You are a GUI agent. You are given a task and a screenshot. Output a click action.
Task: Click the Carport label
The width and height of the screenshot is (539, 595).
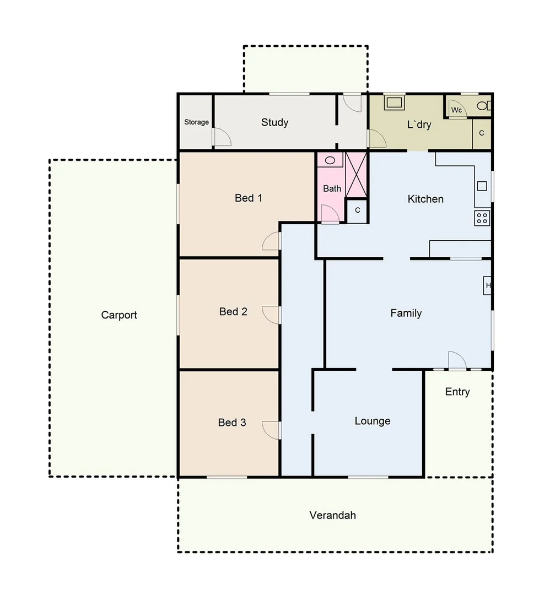(119, 315)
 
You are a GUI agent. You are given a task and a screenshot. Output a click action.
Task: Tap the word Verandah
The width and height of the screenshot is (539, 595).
(332, 516)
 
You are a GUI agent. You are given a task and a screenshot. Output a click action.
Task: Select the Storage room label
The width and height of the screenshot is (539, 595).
(196, 122)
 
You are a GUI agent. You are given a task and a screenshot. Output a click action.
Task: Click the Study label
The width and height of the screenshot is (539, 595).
(274, 122)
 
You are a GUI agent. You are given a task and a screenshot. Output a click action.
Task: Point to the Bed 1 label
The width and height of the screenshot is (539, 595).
(249, 198)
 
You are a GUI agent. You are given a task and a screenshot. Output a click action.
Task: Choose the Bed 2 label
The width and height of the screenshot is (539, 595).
(233, 312)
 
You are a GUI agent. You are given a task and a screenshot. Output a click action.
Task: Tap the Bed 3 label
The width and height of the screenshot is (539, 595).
(232, 423)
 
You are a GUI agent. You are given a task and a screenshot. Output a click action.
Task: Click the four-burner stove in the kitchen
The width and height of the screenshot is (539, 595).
(482, 218)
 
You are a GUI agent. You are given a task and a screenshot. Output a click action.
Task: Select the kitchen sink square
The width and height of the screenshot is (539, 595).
(482, 186)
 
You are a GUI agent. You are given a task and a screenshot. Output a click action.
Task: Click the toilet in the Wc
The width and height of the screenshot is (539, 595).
(483, 105)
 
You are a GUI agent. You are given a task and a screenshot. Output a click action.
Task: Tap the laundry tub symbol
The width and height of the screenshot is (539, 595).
(395, 102)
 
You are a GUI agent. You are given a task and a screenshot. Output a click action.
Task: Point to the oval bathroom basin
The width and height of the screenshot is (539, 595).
(331, 160)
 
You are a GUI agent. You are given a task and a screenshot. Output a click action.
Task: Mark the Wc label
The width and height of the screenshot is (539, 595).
(456, 110)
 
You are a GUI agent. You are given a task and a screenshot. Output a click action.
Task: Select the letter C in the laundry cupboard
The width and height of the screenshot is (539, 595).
(481, 133)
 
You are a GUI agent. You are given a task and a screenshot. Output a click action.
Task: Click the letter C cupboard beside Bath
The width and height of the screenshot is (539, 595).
(357, 210)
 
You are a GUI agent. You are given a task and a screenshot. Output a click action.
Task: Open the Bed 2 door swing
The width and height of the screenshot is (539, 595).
(271, 314)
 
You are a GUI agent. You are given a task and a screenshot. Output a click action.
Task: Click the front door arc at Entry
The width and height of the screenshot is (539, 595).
(457, 361)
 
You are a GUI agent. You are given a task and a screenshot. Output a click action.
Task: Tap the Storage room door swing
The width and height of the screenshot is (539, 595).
(222, 138)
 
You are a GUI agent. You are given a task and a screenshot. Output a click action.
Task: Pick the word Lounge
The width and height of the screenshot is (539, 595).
(373, 421)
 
